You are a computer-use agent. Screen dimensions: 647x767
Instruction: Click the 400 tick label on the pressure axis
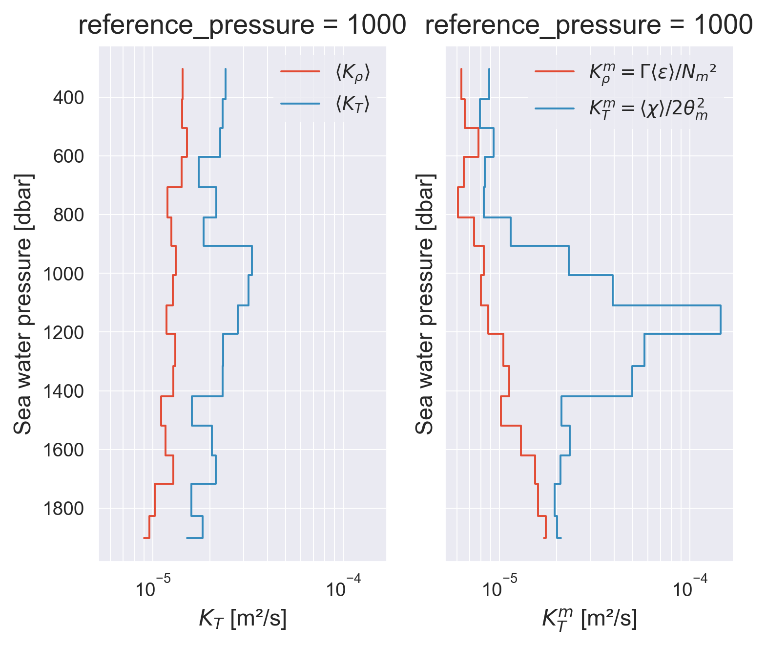pyautogui.click(x=68, y=98)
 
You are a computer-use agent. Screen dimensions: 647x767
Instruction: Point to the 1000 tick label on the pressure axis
pyautogui.click(x=63, y=274)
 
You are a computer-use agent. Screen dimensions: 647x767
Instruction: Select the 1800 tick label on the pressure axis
pyautogui.click(x=63, y=509)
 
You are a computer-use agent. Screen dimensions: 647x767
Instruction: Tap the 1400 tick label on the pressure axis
pyautogui.click(x=63, y=391)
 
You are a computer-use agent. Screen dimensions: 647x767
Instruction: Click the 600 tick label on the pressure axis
pyautogui.click(x=68, y=156)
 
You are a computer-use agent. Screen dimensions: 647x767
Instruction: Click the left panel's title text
pyautogui.click(x=242, y=25)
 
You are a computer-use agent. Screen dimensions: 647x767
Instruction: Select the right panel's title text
pyautogui.click(x=589, y=25)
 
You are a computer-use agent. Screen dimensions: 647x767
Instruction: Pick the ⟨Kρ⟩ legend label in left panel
pyautogui.click(x=352, y=73)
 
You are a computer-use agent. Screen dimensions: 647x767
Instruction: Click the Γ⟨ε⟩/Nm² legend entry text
pyautogui.click(x=653, y=73)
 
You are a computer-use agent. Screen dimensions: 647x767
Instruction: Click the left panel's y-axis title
pyautogui.click(x=23, y=303)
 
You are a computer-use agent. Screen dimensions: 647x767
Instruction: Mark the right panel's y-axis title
pyautogui.click(x=425, y=303)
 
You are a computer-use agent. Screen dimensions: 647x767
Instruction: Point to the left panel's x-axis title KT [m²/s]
pyautogui.click(x=243, y=619)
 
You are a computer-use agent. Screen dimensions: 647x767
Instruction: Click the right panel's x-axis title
pyautogui.click(x=589, y=619)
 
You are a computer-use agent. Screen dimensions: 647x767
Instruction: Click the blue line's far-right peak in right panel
pyautogui.click(x=721, y=320)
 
